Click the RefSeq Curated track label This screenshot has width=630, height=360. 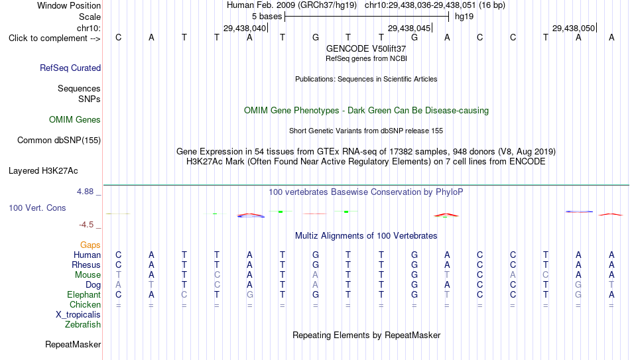(70, 68)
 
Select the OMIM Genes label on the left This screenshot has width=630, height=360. (75, 120)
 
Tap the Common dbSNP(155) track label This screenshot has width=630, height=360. (59, 141)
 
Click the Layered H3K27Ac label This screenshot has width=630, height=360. (43, 171)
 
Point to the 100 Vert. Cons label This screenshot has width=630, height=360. (37, 208)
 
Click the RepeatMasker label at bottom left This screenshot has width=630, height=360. (73, 344)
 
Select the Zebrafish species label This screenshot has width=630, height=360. (83, 325)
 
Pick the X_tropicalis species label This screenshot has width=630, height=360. (78, 315)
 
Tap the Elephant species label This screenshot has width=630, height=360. (84, 295)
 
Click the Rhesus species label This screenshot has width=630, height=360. (86, 265)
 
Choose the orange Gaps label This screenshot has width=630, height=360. (90, 245)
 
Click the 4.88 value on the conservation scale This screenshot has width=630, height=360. (85, 192)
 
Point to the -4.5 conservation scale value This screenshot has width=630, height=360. (86, 225)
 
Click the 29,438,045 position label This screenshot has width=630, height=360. (409, 28)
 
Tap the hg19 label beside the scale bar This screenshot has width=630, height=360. (464, 17)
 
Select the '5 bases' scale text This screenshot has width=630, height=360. (267, 17)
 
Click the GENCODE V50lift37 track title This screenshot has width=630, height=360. (366, 48)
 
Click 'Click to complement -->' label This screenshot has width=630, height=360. (54, 38)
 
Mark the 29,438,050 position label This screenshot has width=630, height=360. (574, 28)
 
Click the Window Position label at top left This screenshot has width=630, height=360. (69, 5)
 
